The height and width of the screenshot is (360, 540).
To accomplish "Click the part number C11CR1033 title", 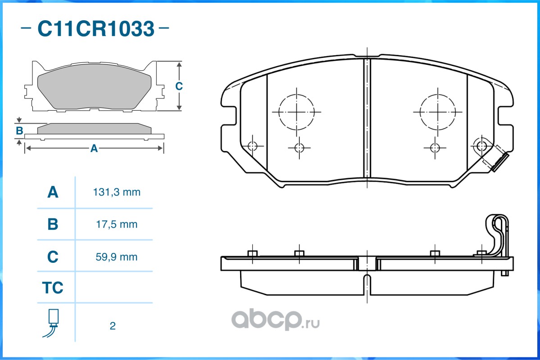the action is (x=96, y=28).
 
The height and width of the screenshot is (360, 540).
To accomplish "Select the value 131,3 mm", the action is (x=117, y=192).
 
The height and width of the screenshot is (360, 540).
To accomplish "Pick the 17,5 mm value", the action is (x=117, y=225).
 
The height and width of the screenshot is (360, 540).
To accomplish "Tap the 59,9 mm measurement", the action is (x=116, y=257).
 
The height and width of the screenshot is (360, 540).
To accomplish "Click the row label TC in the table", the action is (x=53, y=288).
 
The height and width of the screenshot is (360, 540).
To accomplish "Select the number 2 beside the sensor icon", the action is (x=113, y=326).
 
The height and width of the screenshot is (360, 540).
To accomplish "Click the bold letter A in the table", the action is (x=53, y=192).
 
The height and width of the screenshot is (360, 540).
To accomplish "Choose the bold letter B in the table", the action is (x=53, y=225).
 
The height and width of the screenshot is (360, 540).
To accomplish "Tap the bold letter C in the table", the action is (x=53, y=257).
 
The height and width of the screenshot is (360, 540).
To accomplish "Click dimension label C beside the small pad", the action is (x=179, y=86).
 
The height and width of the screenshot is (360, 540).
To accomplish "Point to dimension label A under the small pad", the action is (x=94, y=148).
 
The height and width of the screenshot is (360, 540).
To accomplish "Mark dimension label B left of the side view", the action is (x=19, y=131).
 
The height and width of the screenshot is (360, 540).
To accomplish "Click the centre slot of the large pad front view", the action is (x=367, y=119).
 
